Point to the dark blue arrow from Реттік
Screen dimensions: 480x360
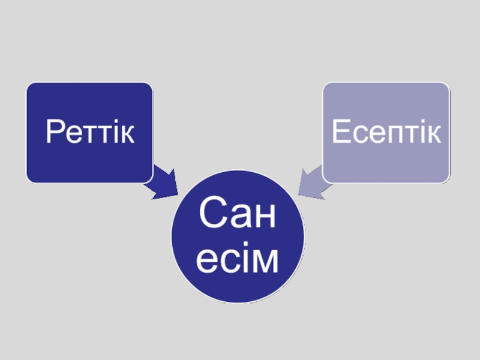pyautogui.click(x=163, y=184)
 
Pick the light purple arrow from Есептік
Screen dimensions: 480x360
pyautogui.click(x=313, y=184)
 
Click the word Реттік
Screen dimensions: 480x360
pyautogui.click(x=89, y=133)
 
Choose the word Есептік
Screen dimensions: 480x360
pyautogui.click(x=386, y=133)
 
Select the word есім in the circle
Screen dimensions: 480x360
pyautogui.click(x=238, y=260)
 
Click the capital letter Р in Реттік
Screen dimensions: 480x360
pyautogui.click(x=54, y=133)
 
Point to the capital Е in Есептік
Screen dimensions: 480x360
pyautogui.click(x=340, y=133)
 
